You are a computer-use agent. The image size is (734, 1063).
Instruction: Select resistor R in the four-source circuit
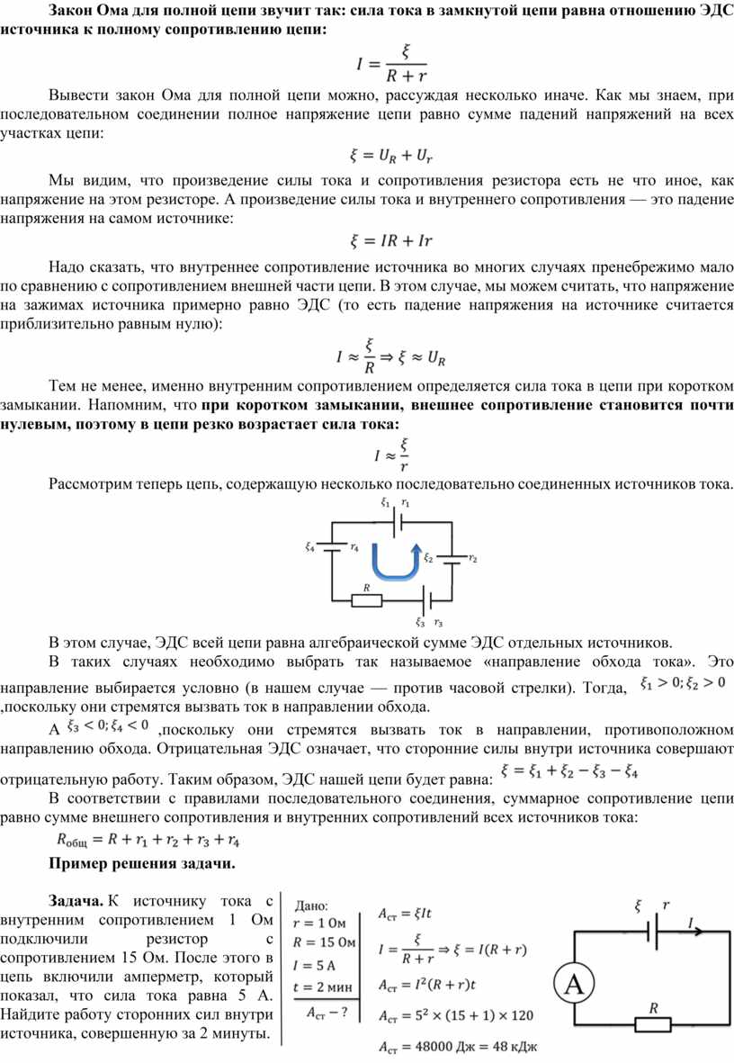pyautogui.click(x=365, y=601)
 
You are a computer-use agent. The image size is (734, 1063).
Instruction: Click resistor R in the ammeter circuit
pyautogui.click(x=653, y=1024)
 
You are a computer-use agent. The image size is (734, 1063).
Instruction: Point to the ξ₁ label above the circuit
pyautogui.click(x=385, y=502)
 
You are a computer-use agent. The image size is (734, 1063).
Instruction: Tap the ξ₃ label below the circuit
pyautogui.click(x=420, y=622)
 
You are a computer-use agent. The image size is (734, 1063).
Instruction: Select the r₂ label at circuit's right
pyautogui.click(x=473, y=560)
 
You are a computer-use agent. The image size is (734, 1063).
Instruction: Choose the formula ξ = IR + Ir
pyautogui.click(x=391, y=241)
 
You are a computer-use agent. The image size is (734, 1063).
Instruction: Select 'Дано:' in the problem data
pyautogui.click(x=310, y=905)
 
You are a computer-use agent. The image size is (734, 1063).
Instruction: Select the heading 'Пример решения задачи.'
pyautogui.click(x=141, y=865)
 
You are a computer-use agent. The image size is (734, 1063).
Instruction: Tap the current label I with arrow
pyautogui.click(x=693, y=922)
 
